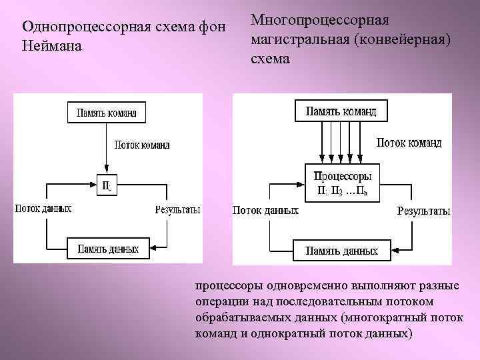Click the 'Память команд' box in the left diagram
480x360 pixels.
tap(107, 113)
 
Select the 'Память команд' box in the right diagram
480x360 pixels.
tap(341, 111)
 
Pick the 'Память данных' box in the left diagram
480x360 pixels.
tap(107, 249)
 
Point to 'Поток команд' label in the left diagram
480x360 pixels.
tap(142, 145)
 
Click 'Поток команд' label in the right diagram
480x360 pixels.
tap(409, 142)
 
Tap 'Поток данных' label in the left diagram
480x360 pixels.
tap(43, 209)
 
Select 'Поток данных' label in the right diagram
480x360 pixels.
tap(265, 211)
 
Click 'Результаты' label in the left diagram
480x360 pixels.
tap(177, 209)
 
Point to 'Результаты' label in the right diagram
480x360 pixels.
tap(423, 211)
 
